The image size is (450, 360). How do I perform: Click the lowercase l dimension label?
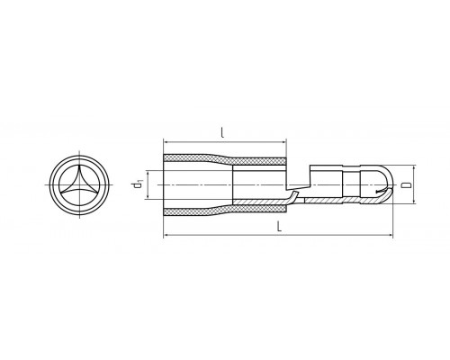point(222,132)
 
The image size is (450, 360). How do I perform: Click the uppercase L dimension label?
point(279,226)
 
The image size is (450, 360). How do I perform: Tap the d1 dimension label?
point(138,184)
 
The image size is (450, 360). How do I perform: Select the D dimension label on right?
point(407,184)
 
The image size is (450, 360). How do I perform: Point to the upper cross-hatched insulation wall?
point(224,159)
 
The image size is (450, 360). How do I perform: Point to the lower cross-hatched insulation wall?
point(224,211)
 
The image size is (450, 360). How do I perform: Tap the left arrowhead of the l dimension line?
point(166,143)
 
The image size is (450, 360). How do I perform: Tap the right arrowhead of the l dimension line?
point(284,143)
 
